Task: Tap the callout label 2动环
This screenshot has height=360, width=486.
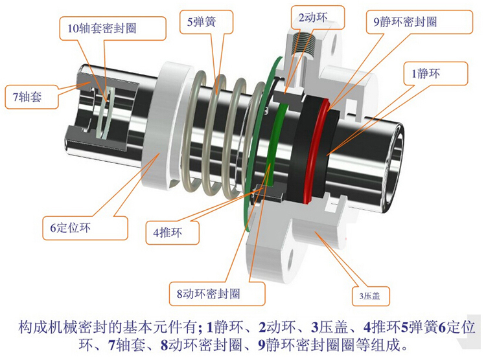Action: coord(311,14)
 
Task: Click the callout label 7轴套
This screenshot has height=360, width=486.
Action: coord(27,98)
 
